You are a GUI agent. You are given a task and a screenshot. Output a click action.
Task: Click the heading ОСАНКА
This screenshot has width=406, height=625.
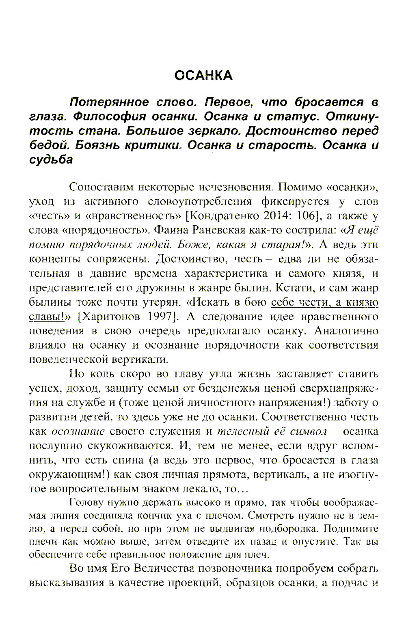(x=203, y=75)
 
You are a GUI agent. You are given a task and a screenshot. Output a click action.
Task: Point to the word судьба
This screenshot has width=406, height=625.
(x=51, y=160)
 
